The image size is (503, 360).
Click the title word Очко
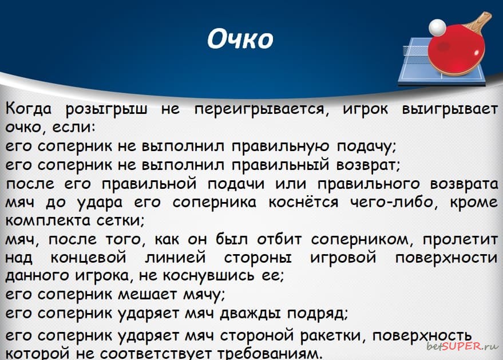pos(240,39)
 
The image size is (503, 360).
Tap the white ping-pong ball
pos(437,27)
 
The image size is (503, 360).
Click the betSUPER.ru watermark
pos(462,346)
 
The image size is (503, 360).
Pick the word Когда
pos(29,109)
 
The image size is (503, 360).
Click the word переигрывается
pos(262,110)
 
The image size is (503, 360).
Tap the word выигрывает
pos(450,110)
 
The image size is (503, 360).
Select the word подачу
pos(367,147)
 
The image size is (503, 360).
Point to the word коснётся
pos(303,202)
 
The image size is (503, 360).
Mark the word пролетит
pos(460,240)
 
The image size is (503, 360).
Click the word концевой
pos(89,258)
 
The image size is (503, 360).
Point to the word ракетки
pos(334,335)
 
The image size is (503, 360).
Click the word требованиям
pos(270,354)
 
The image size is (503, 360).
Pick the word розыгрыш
pos(106,110)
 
